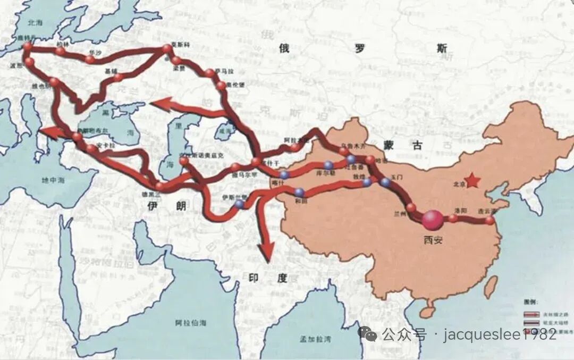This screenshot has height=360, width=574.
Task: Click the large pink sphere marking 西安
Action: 433,220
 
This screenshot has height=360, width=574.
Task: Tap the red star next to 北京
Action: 472,181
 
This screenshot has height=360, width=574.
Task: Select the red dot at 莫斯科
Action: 167,49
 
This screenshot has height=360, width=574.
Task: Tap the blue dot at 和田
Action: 300,192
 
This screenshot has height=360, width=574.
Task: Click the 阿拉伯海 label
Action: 192,323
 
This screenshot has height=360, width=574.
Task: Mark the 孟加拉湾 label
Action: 315,339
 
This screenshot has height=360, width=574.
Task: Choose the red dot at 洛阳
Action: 453,218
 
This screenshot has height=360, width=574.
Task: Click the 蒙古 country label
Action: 395,143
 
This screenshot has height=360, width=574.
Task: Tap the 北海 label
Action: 35,23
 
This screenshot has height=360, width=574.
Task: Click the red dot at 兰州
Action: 411,208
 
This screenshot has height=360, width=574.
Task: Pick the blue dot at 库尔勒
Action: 328,165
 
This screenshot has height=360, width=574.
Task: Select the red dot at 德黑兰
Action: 159,186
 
